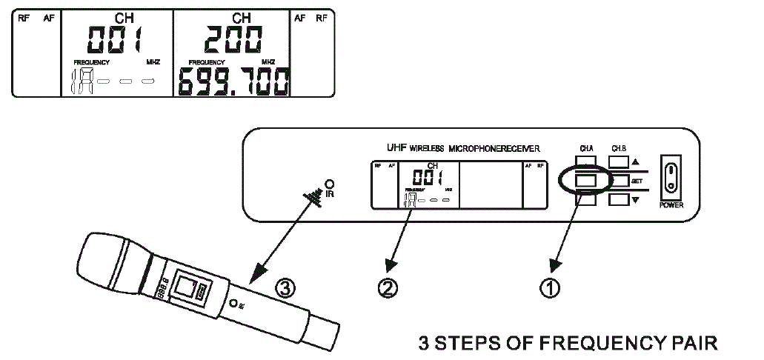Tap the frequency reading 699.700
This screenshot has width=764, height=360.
pyautogui.click(x=231, y=82)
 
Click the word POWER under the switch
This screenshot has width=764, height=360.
pyautogui.click(x=671, y=205)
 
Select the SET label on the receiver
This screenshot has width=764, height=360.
pyautogui.click(x=636, y=181)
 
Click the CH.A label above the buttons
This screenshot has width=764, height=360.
pyautogui.click(x=587, y=147)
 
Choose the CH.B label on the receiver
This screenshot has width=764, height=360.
pyautogui.click(x=619, y=147)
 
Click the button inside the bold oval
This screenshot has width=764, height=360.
pyautogui.click(x=587, y=179)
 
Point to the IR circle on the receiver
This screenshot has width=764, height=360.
pyautogui.click(x=328, y=183)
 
